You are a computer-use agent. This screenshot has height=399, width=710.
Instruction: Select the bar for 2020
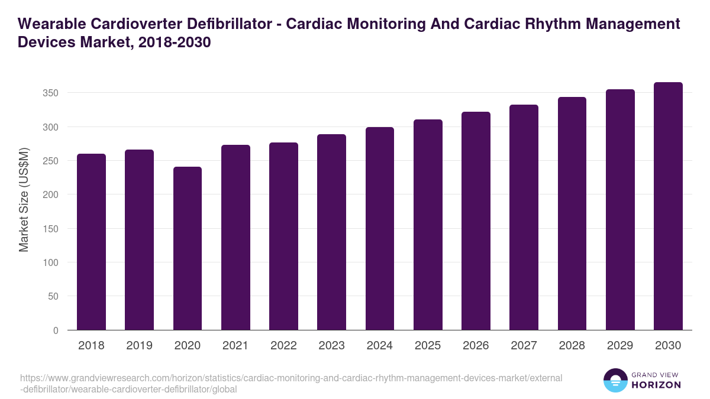[x=188, y=248]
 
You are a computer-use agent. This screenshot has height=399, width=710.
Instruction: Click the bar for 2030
[x=668, y=206]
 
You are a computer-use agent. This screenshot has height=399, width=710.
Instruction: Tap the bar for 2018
[x=92, y=242]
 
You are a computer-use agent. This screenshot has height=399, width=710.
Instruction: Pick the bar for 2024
[x=380, y=229]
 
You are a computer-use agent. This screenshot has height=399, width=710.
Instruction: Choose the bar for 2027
[x=524, y=218]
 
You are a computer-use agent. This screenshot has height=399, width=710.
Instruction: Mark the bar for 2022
[x=283, y=236]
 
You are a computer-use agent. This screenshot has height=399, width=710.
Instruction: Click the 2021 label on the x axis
[x=235, y=346]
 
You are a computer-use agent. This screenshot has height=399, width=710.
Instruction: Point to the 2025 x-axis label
[x=428, y=346]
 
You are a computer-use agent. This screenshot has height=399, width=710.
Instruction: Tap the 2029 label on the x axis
[x=620, y=346]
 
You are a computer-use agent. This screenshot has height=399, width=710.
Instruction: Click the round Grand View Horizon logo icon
[x=615, y=380]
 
